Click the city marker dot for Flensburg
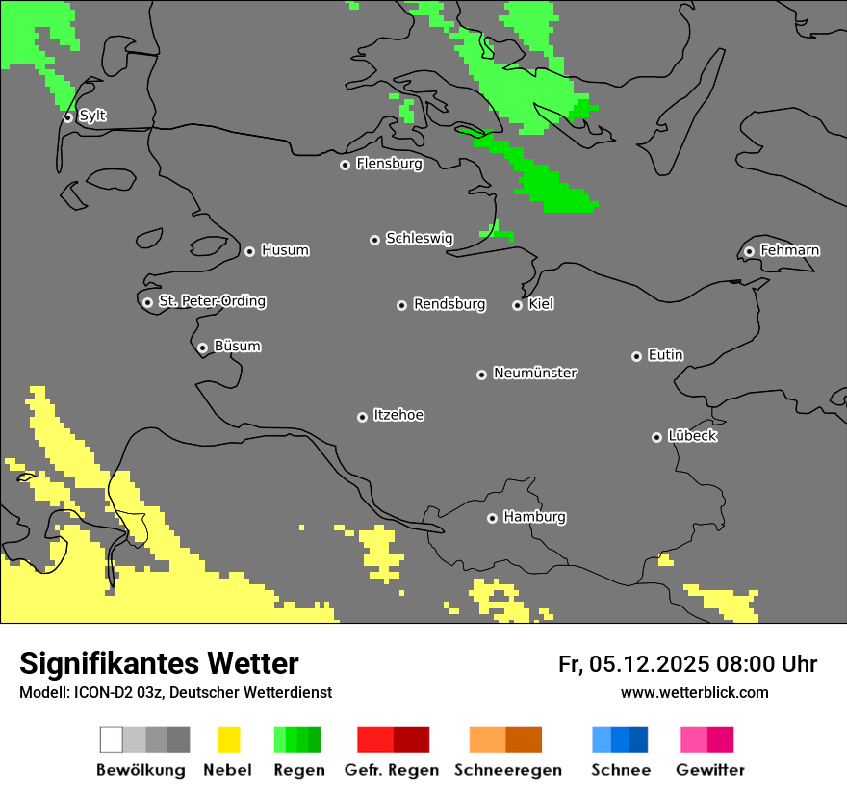[345, 165]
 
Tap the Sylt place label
[92, 116]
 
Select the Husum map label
[285, 250]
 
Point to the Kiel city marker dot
[517, 305]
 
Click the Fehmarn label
[789, 250]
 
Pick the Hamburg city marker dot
[492, 518]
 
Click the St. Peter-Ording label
[212, 301]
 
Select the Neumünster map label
[535, 373]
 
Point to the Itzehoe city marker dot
[362, 417]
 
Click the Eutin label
[665, 355]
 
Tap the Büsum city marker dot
[202, 348]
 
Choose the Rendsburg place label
[449, 304]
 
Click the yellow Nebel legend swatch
[228, 739]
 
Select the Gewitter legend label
[709, 770]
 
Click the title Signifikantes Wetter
[159, 663]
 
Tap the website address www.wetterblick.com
[694, 692]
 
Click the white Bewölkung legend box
[112, 739]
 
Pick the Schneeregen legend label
[507, 770]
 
